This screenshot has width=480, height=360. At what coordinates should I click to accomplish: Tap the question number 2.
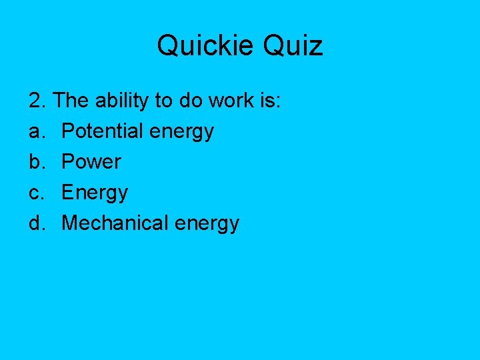37,101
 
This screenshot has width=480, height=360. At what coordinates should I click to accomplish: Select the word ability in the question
123,101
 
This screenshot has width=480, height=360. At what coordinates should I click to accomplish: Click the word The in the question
71,101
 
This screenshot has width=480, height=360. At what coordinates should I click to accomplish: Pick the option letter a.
36,131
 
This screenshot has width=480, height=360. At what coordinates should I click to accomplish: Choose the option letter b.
36,162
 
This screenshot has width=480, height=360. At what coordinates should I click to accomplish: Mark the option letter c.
36,193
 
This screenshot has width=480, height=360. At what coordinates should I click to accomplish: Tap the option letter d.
36,223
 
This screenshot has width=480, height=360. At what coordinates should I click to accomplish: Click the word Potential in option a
102,131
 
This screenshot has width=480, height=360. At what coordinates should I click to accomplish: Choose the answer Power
91,162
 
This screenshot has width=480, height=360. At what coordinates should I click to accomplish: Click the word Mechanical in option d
115,223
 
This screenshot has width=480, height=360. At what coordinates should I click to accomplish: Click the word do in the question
190,101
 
